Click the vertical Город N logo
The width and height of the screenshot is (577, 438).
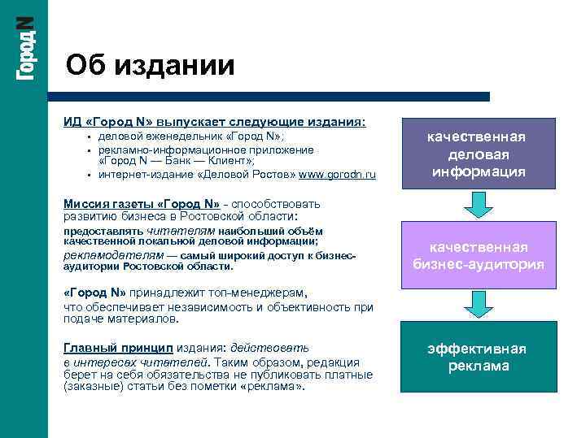[25, 48]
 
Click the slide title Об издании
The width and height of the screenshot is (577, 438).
[150, 64]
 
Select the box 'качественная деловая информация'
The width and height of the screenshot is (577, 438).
[479, 154]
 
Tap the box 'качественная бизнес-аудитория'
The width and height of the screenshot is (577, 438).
[479, 256]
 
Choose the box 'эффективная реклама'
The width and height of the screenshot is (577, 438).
[479, 358]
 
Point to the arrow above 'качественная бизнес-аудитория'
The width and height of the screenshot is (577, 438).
[479, 208]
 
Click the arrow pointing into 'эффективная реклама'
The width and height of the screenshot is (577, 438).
[479, 308]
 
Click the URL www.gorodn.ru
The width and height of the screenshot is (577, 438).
[338, 174]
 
